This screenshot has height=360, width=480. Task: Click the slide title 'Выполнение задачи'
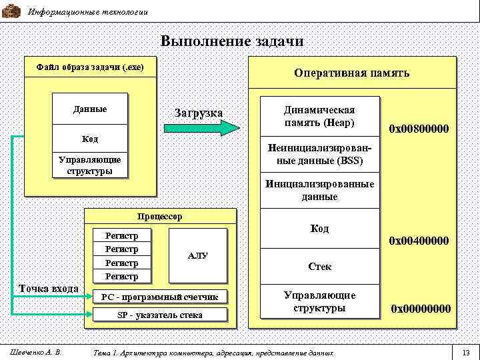(232, 41)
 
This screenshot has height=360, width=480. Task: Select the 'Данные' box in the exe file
(90, 109)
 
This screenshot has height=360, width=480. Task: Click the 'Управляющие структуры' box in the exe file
(90, 165)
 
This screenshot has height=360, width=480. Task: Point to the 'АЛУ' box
(198, 256)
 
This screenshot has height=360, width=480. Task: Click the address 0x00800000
(418, 129)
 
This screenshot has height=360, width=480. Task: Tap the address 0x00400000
(418, 240)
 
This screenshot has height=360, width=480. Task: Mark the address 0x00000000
(420, 309)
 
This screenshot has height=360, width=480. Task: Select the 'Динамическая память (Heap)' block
(319, 117)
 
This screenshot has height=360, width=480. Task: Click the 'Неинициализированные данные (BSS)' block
(319, 155)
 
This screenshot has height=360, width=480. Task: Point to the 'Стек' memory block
(319, 267)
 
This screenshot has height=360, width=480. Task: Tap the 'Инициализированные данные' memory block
(319, 190)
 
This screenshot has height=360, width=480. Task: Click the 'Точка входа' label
(49, 289)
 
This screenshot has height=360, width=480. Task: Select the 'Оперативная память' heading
(352, 73)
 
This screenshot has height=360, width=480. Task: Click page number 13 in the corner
(466, 351)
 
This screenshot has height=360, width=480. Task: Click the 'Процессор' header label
(159, 217)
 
